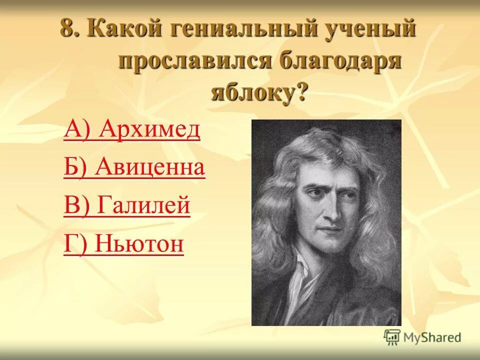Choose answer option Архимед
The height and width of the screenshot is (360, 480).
149,130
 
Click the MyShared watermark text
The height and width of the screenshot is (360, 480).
432,337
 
